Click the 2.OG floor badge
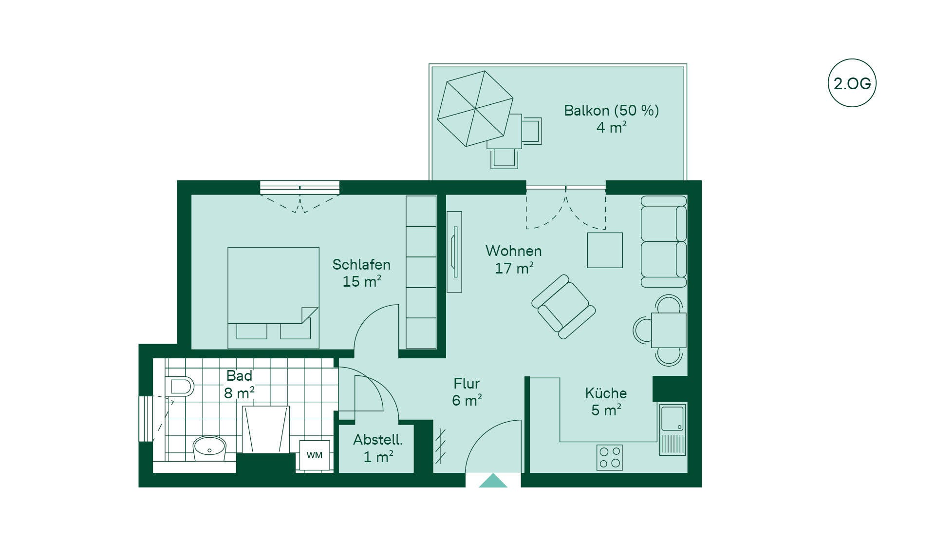pos(852,83)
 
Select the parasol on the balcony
pos(475,108)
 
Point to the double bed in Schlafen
pos(273,297)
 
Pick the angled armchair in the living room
pos(563,307)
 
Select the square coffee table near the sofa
pos(605,250)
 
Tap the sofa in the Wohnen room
pos(664,241)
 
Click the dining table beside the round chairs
pos(669,330)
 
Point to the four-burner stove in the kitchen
pos(610,457)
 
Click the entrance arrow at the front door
pos(493,480)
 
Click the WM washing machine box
pos(314,455)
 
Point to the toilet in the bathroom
pos(179,386)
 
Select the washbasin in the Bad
pos(209,448)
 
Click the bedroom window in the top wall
pos(299,187)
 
